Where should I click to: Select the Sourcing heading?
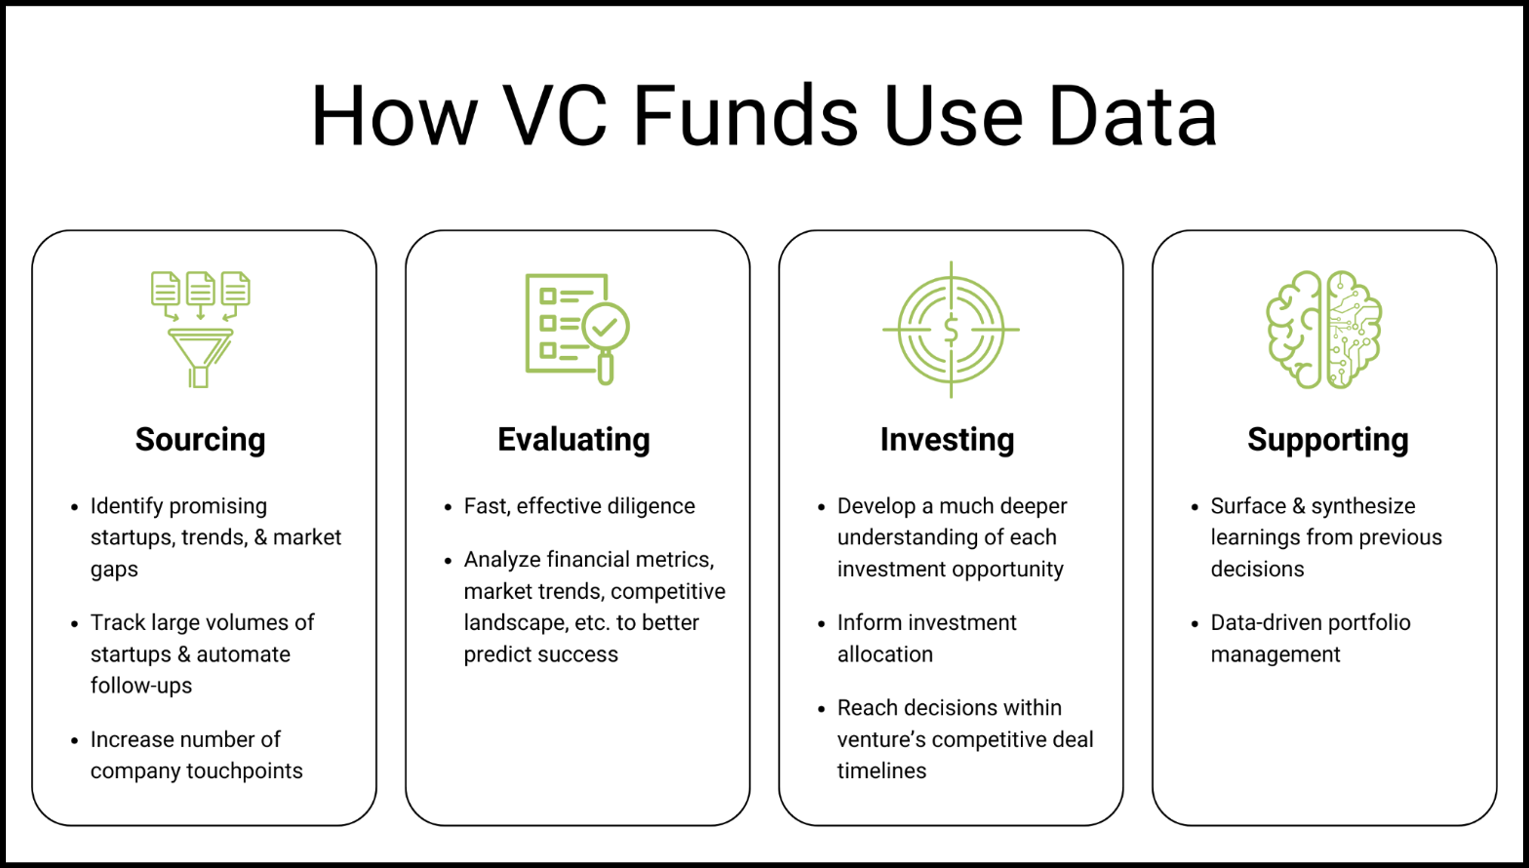(200, 439)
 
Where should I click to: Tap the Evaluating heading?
(573, 439)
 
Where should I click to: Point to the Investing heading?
(947, 439)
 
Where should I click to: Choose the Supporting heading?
(1327, 439)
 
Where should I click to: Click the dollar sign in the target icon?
(951, 331)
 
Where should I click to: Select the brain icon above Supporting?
(1323, 330)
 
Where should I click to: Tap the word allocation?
(884, 654)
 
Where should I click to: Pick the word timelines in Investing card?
(882, 770)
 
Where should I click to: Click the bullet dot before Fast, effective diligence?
(448, 507)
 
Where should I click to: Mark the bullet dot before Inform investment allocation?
(821, 624)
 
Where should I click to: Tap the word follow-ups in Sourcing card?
(141, 686)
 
